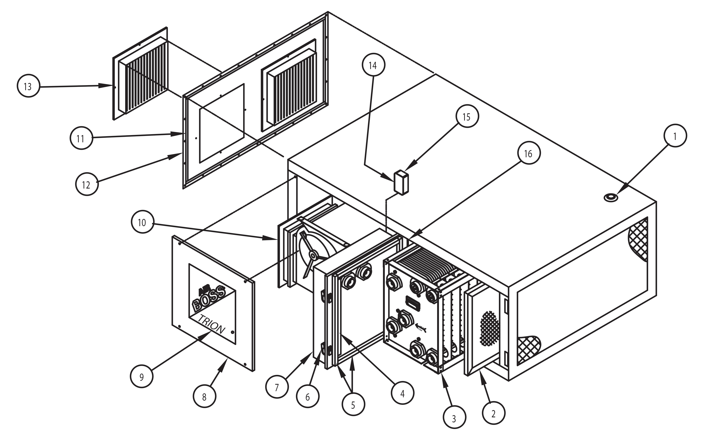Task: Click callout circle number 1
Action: click(675, 136)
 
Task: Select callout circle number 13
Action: click(28, 86)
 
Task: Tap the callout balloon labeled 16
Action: click(529, 153)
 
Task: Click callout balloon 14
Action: click(374, 65)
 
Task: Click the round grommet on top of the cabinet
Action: click(611, 198)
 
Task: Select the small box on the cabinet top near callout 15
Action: click(401, 182)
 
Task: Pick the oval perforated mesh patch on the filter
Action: click(489, 329)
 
